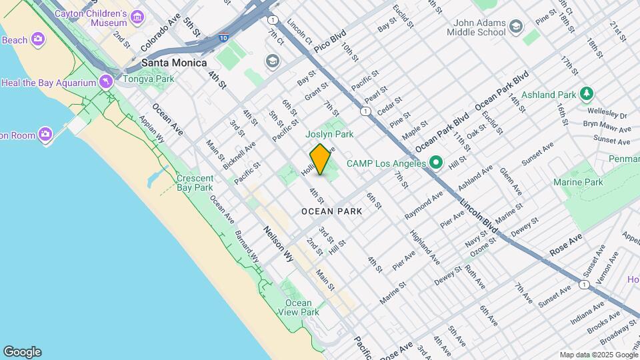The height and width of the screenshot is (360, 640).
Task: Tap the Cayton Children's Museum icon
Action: tap(138, 17)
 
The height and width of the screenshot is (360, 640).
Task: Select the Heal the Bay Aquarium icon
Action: tap(105, 82)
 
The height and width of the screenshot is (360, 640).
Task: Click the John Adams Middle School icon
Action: tap(515, 27)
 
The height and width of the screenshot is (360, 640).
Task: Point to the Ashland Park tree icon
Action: tap(587, 95)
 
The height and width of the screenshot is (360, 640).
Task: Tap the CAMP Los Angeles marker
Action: tap(435, 163)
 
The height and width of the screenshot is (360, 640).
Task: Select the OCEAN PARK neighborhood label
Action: tap(331, 211)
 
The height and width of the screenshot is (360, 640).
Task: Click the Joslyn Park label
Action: tap(329, 134)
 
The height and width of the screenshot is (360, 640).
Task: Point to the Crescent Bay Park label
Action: tap(195, 183)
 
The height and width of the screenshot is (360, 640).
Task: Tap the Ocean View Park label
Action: tap(298, 307)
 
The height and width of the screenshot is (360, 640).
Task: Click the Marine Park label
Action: tap(578, 182)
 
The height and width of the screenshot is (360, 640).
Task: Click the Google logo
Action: tap(22, 352)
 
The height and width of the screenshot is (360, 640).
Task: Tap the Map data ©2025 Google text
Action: tap(598, 355)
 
